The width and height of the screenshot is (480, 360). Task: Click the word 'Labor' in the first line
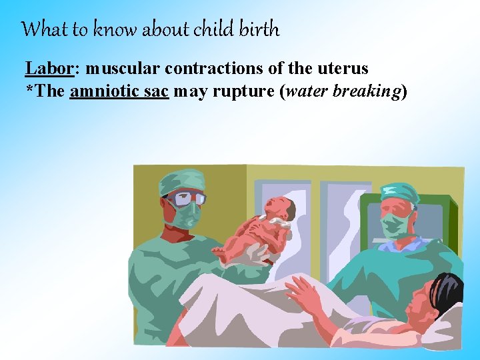(44, 69)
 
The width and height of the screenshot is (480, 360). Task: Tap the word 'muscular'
(123, 69)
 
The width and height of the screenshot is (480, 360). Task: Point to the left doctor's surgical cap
(181, 179)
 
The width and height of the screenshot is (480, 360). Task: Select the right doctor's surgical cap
(399, 193)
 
